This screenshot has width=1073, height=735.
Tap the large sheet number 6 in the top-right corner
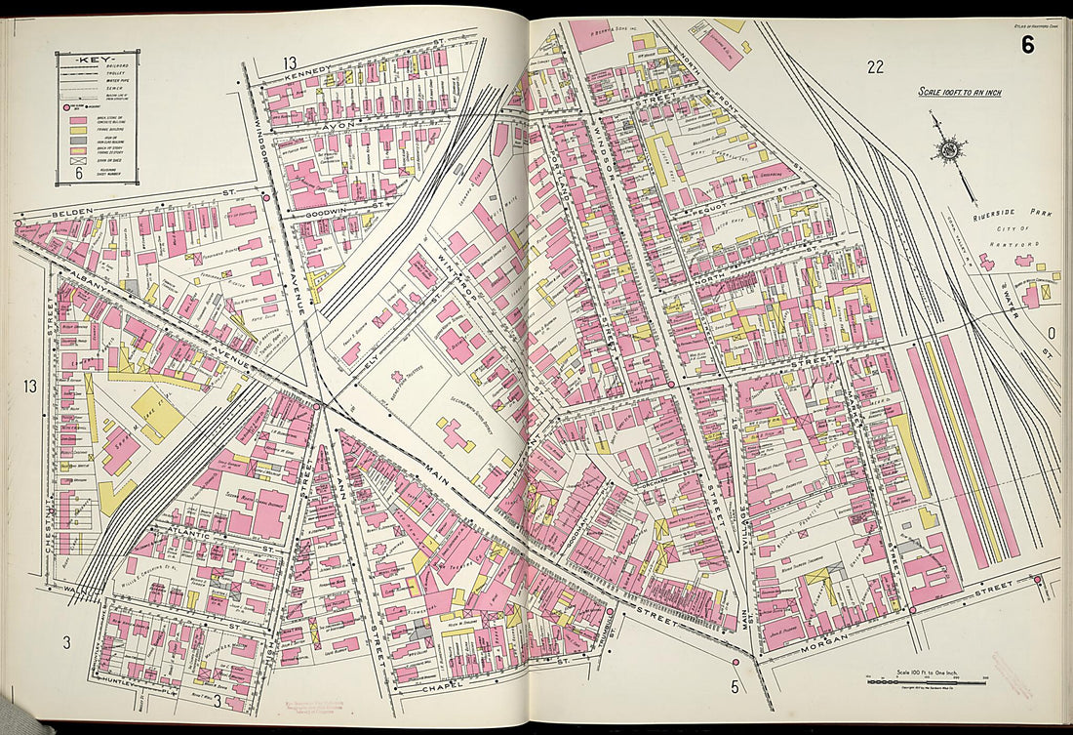point(1028,44)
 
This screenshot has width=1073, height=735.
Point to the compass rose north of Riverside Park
point(948,149)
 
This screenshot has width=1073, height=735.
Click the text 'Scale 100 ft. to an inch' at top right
point(959,93)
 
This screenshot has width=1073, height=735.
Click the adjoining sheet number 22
point(874,66)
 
